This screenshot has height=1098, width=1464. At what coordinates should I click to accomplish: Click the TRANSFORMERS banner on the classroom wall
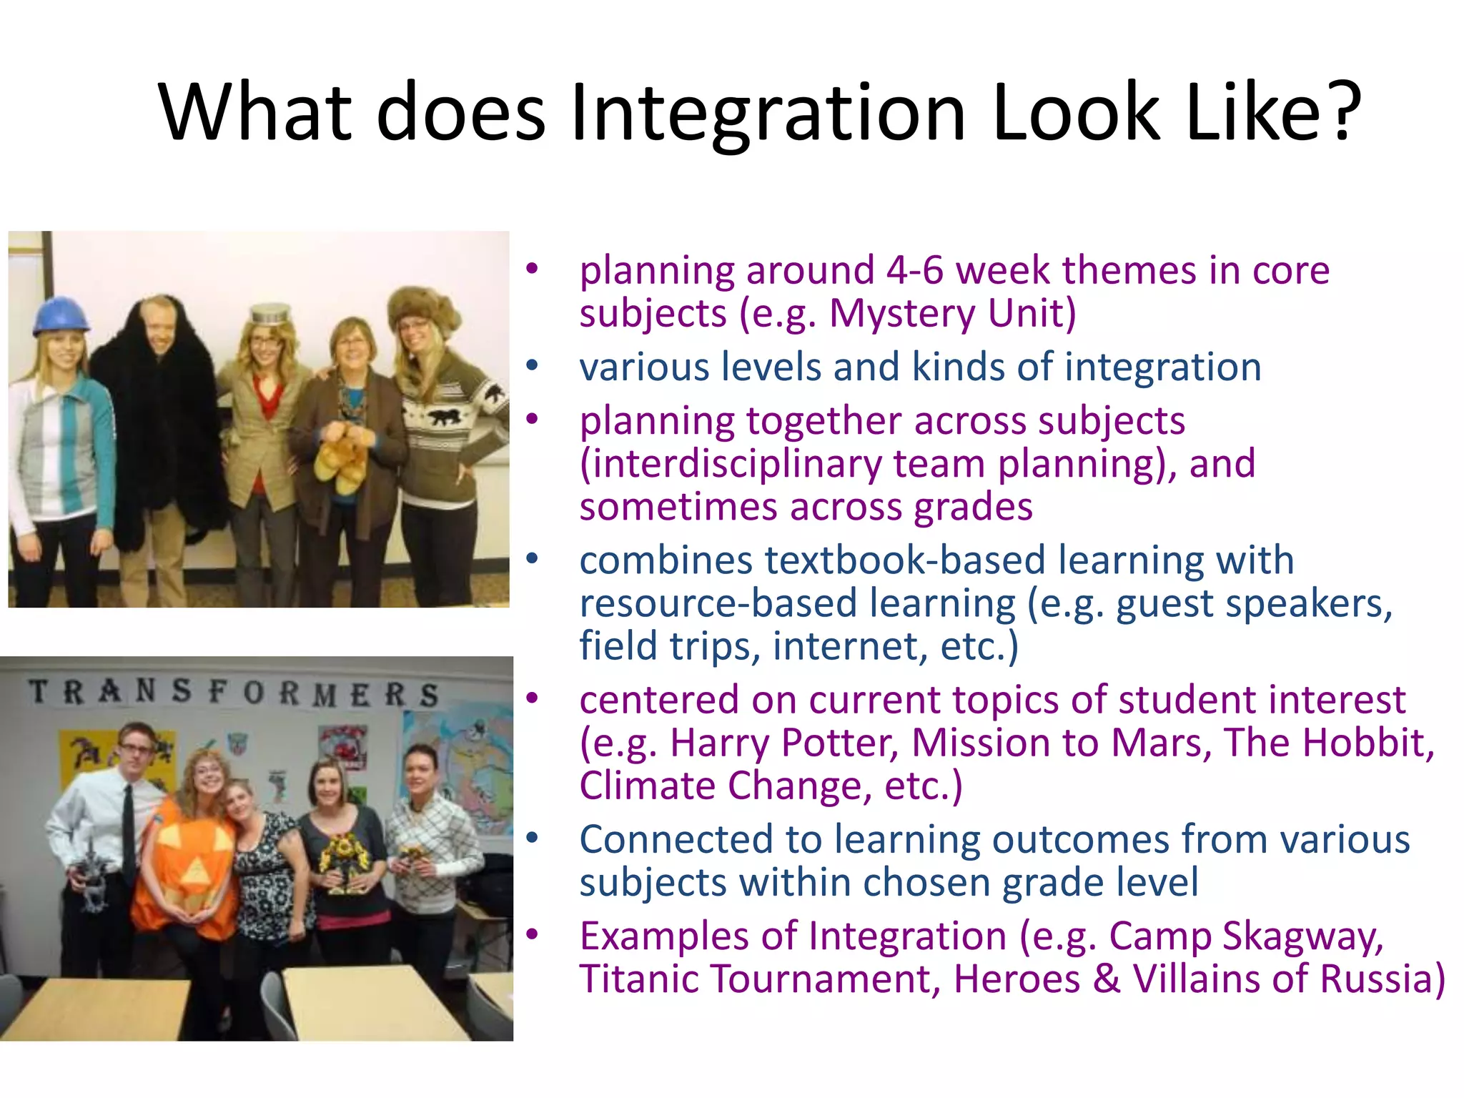click(x=233, y=693)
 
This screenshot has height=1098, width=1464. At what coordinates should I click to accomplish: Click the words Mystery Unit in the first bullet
click(x=951, y=313)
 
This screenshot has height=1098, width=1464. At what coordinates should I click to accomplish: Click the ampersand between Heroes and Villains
click(x=1106, y=979)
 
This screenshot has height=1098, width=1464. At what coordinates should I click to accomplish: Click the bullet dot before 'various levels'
click(x=531, y=366)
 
